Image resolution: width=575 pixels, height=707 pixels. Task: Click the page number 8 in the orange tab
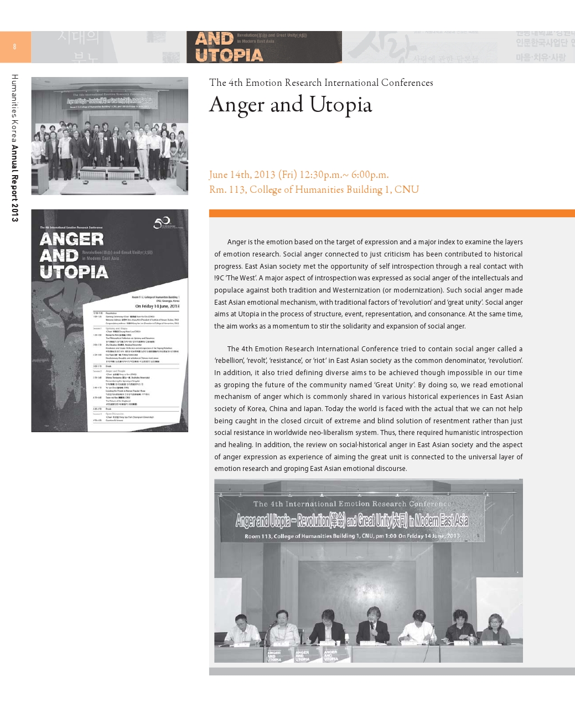click(x=14, y=47)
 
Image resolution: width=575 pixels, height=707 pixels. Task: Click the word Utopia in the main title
click(x=340, y=105)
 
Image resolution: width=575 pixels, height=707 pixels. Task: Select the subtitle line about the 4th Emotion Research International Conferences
click(x=321, y=83)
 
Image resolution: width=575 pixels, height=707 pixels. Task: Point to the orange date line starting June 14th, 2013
click(x=299, y=175)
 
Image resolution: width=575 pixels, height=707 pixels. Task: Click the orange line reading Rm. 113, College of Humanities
click(x=314, y=189)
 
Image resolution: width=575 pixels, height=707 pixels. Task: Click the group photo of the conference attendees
click(x=110, y=136)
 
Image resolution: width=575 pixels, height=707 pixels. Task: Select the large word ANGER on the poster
click(x=72, y=239)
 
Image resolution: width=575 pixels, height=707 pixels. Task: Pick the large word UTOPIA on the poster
click(x=74, y=272)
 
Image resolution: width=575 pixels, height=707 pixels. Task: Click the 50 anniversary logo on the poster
click(x=163, y=223)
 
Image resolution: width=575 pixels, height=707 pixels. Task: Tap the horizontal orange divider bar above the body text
click(x=392, y=213)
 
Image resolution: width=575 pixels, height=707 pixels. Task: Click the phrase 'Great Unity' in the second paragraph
click(x=395, y=385)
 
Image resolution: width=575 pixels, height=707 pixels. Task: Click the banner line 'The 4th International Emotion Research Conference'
click(x=352, y=504)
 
